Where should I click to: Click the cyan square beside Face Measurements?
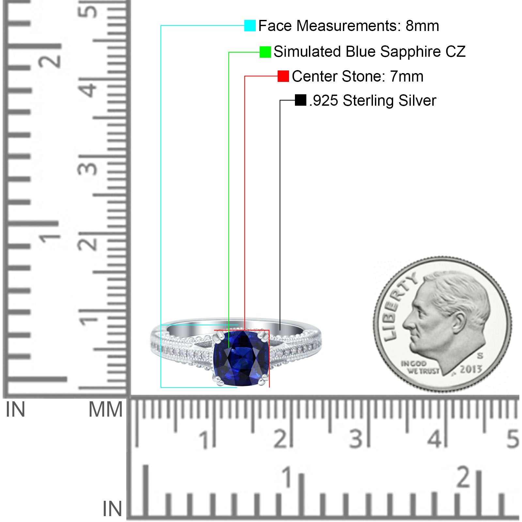pyautogui.click(x=250, y=25)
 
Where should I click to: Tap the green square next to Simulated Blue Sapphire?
pyautogui.click(x=265, y=52)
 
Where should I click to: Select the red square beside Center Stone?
pyautogui.click(x=283, y=76)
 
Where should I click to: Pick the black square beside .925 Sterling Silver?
pyautogui.click(x=300, y=100)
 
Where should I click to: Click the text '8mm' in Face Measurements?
pyautogui.click(x=422, y=26)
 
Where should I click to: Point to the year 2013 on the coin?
pyautogui.click(x=471, y=369)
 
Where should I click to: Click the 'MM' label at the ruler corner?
pyautogui.click(x=105, y=409)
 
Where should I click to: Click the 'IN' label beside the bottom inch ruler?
pyautogui.click(x=112, y=508)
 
